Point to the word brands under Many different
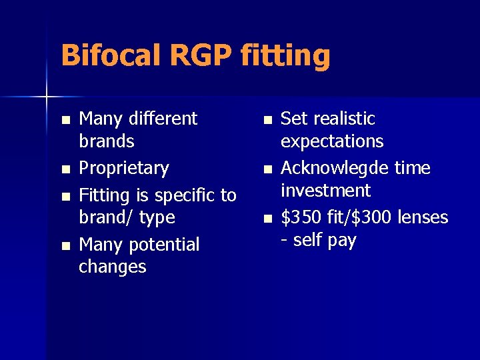point(107,141)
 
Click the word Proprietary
point(124,168)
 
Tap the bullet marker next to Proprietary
point(65,169)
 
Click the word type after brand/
point(157,218)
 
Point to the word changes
point(112,267)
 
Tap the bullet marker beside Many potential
point(65,247)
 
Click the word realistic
point(344,119)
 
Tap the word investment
point(325,191)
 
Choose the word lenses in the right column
point(422,217)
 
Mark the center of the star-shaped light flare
point(47,97)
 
